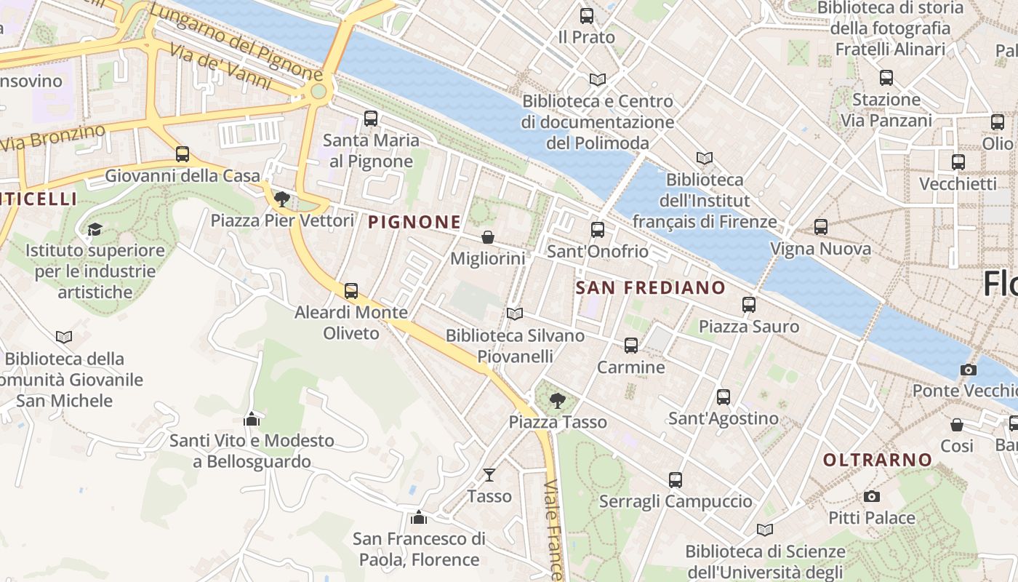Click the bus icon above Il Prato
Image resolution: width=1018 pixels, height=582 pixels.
tap(587, 15)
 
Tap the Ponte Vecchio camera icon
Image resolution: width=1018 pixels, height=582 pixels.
tap(968, 370)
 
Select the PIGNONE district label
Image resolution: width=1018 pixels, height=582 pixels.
tap(414, 222)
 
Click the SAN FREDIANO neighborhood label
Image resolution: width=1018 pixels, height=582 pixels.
tap(651, 287)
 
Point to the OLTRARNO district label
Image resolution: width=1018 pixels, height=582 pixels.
tap(878, 460)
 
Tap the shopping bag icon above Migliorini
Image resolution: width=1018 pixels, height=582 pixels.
tap(488, 237)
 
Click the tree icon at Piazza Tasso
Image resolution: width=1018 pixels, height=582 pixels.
tap(558, 399)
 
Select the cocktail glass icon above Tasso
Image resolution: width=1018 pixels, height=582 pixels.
tap(489, 474)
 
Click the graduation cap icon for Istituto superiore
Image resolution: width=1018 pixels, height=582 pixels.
tap(95, 229)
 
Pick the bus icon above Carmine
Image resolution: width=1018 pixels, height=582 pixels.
tap(631, 346)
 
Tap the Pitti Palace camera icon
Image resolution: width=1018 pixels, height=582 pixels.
tap(872, 496)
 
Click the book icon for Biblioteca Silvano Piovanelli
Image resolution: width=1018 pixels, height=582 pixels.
tap(515, 314)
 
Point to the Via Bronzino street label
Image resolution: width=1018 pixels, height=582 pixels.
tap(52, 137)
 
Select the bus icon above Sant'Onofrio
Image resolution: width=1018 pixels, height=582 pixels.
tap(598, 230)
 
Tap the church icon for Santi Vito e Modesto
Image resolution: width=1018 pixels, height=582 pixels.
tap(252, 419)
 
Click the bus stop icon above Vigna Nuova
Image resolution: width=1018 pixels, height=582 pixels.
tap(821, 227)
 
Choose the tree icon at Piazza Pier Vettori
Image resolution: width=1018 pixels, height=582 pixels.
tap(282, 199)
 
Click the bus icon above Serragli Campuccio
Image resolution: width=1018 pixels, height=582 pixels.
tap(676, 480)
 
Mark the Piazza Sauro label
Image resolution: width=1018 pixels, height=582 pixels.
tap(749, 327)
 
